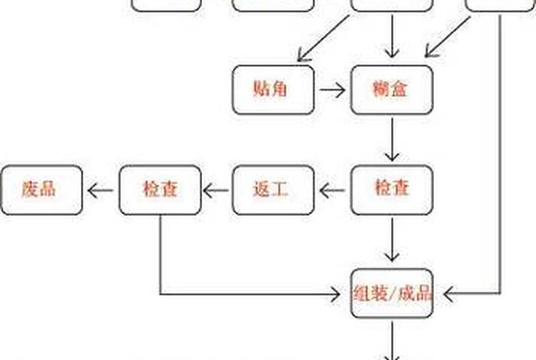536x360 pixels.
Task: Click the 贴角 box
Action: pos(273,90)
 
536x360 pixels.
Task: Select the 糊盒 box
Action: pos(392,90)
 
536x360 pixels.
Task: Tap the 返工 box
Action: pos(273,189)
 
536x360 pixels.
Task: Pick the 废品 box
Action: pos(41,189)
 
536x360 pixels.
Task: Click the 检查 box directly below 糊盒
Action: pos(392,189)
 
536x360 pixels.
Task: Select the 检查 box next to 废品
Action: pos(159,189)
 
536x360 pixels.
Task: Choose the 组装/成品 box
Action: pos(392,293)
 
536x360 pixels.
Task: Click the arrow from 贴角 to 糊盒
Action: pos(332,90)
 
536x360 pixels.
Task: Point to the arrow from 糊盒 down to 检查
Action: pos(392,139)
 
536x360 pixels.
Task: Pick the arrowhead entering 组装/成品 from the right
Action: pos(449,293)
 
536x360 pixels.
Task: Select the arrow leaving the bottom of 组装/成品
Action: pos(392,341)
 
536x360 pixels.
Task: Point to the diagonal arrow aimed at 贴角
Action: pos(322,37)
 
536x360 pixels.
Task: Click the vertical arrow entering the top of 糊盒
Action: pos(392,36)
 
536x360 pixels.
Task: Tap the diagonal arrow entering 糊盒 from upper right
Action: pos(447,37)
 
